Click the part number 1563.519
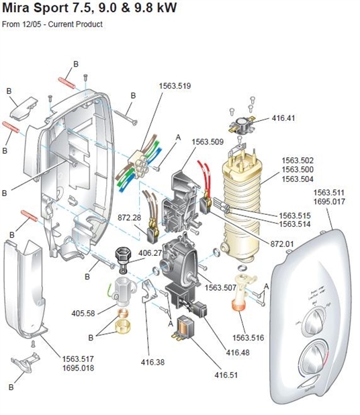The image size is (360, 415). click(x=174, y=86)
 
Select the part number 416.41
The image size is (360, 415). click(x=283, y=118)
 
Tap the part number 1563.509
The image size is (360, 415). click(x=208, y=142)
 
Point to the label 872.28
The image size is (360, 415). click(x=129, y=219)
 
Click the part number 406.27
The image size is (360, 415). click(x=150, y=253)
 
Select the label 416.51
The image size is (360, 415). click(x=226, y=375)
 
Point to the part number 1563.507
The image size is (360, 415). click(x=222, y=287)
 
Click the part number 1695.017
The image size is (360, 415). click(x=330, y=201)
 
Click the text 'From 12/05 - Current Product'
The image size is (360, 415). click(x=52, y=24)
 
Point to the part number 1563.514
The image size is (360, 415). click(x=296, y=224)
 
